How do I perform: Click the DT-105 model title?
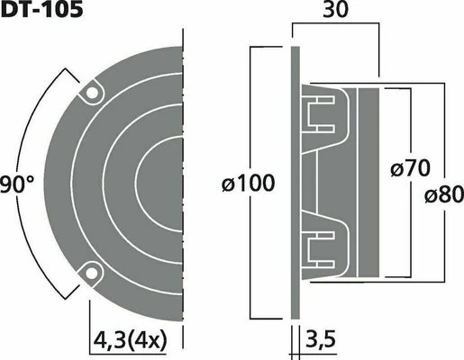coord(41,9)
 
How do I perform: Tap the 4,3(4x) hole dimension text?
coord(130,341)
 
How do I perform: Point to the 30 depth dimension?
coord(335,10)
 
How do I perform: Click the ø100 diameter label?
coord(248,183)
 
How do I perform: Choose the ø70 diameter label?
coord(410,168)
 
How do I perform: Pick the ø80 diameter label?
coord(444,194)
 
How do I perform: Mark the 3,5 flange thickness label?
coord(320,339)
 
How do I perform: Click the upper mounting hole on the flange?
coord(92,93)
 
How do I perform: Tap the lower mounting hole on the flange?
coord(92,274)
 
